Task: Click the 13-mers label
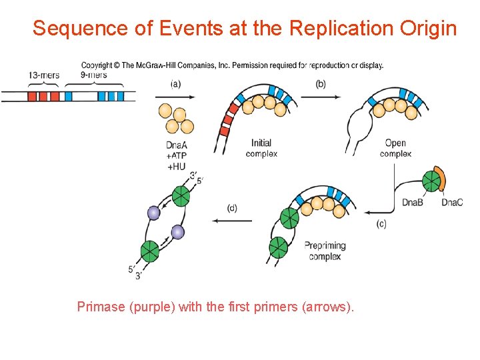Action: [x=44, y=75]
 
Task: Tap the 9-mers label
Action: [x=93, y=75]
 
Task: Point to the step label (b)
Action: [x=320, y=84]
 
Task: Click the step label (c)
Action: [x=381, y=224]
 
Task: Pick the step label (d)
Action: [x=231, y=208]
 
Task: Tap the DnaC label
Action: [x=451, y=202]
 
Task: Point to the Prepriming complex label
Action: [x=325, y=251]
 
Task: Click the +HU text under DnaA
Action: [x=176, y=167]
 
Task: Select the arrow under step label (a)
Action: [x=177, y=97]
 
